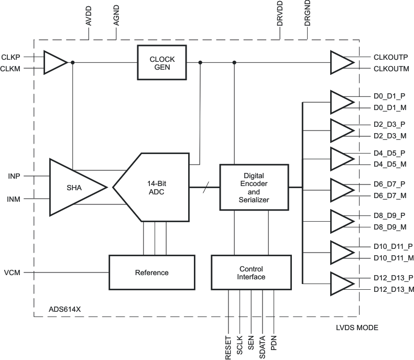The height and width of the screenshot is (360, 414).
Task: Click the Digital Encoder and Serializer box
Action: tap(254, 187)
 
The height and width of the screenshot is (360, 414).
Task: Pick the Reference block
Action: tap(151, 272)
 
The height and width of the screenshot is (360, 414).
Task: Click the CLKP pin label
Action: tap(12, 57)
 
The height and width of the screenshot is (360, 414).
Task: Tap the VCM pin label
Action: tap(13, 272)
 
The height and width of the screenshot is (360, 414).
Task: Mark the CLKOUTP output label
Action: tap(391, 57)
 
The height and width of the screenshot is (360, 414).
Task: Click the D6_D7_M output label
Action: tap(389, 195)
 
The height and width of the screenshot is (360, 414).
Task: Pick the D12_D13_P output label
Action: tap(394, 278)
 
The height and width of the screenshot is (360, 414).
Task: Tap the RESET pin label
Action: tap(228, 347)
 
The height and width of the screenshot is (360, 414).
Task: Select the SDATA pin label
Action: tap(263, 347)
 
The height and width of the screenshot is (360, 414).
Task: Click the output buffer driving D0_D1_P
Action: tap(342, 102)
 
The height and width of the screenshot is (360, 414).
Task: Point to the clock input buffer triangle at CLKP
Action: tap(55, 62)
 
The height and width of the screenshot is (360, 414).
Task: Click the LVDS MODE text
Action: tap(356, 328)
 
